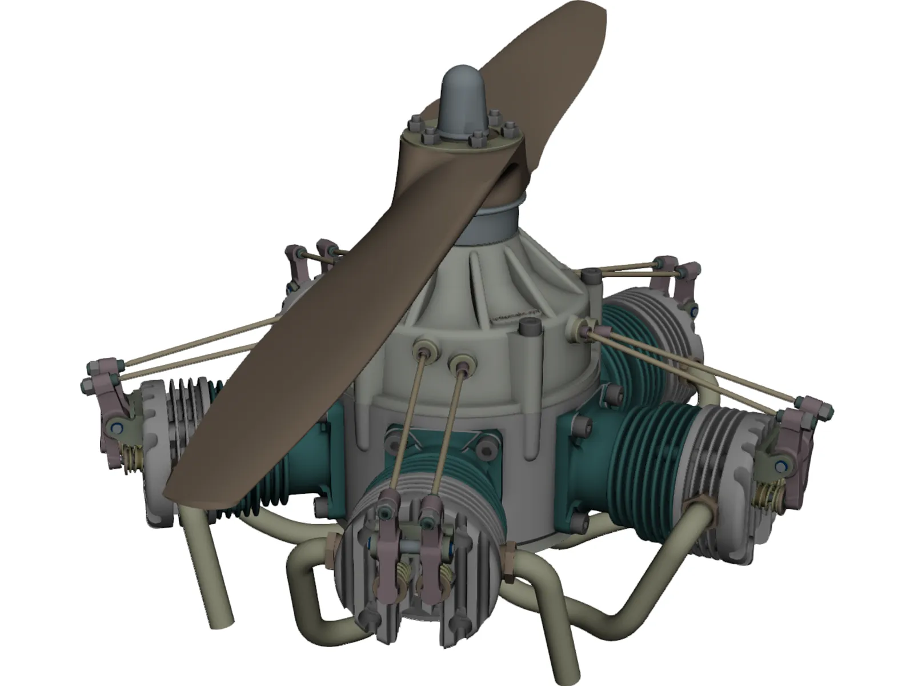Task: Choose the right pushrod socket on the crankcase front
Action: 460,362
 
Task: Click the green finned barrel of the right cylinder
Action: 646,452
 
